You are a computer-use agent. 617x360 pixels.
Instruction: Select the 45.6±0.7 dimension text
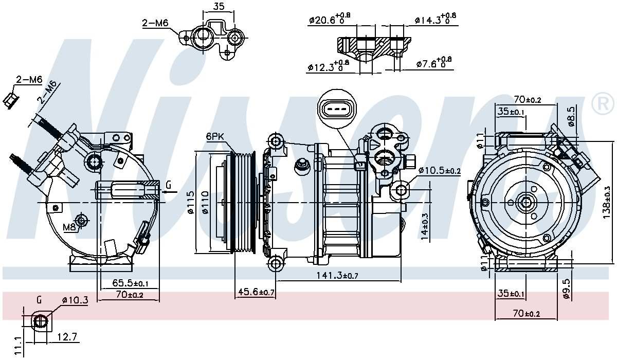tap(256, 292)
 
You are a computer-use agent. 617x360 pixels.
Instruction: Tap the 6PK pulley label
tap(216, 136)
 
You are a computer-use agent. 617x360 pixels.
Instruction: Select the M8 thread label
tap(69, 227)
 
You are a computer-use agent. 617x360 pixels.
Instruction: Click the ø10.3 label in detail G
tap(75, 299)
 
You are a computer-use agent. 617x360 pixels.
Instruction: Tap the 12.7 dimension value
tap(67, 337)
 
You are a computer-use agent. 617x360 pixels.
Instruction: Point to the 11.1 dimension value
tap(18, 345)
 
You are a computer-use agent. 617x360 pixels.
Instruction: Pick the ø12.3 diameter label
tap(328, 66)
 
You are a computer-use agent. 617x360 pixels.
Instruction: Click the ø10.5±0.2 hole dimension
tap(440, 170)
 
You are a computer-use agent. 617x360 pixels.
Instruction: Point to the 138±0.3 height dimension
tap(607, 202)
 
